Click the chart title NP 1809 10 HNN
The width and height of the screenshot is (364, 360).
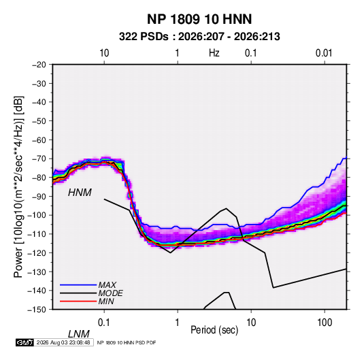click(x=199, y=19)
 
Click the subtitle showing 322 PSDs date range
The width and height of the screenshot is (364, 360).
click(x=199, y=37)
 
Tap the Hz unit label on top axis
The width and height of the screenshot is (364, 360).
click(x=214, y=53)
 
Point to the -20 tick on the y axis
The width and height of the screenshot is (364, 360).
click(x=39, y=65)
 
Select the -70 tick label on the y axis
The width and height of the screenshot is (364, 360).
click(x=39, y=159)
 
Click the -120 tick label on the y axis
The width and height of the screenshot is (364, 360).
click(x=37, y=253)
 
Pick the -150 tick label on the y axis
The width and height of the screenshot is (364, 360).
click(x=37, y=310)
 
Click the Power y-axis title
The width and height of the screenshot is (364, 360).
click(x=18, y=186)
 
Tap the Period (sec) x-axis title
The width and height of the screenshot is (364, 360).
click(x=214, y=330)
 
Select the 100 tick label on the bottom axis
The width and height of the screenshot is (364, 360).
click(x=325, y=323)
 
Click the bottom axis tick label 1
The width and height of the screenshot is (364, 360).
click(x=177, y=323)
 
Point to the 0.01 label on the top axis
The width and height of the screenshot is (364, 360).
click(x=324, y=53)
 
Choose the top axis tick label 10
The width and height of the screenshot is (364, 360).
click(x=104, y=53)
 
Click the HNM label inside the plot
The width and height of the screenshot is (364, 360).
click(x=80, y=193)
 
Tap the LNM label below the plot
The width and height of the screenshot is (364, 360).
click(x=79, y=334)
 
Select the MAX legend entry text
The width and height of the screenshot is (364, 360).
click(x=107, y=285)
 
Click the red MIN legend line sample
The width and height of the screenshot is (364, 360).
click(x=78, y=301)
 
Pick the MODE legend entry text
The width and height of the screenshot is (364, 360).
click(x=110, y=293)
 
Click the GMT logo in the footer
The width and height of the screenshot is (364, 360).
click(x=24, y=342)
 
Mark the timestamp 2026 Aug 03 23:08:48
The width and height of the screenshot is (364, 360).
click(x=63, y=342)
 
